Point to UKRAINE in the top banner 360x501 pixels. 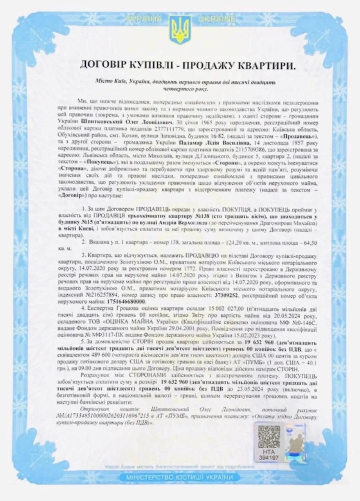coord(216,19)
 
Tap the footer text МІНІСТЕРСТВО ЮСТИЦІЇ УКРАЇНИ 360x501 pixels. coord(180,478)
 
